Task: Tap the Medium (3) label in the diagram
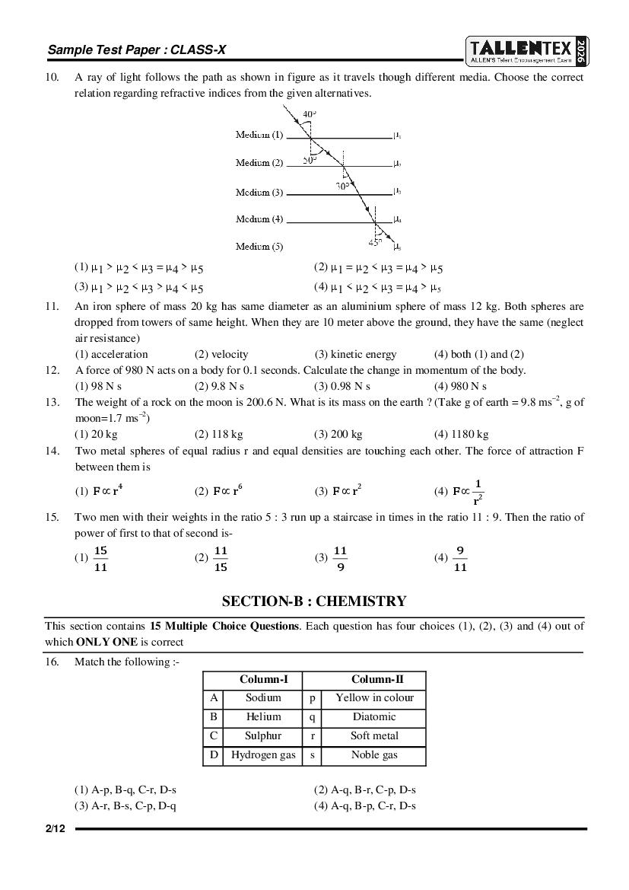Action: (x=259, y=192)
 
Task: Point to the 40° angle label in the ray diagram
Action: (x=309, y=115)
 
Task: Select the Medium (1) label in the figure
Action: (x=259, y=135)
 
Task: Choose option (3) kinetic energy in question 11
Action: (x=355, y=354)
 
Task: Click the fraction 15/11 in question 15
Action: (x=100, y=558)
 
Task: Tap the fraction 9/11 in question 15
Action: (x=459, y=558)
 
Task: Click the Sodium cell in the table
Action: (x=263, y=697)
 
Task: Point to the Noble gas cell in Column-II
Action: (x=374, y=755)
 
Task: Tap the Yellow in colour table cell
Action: (x=374, y=697)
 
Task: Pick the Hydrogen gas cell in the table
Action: (x=263, y=755)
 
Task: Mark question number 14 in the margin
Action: (x=52, y=451)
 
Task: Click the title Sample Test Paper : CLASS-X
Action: (x=137, y=50)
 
